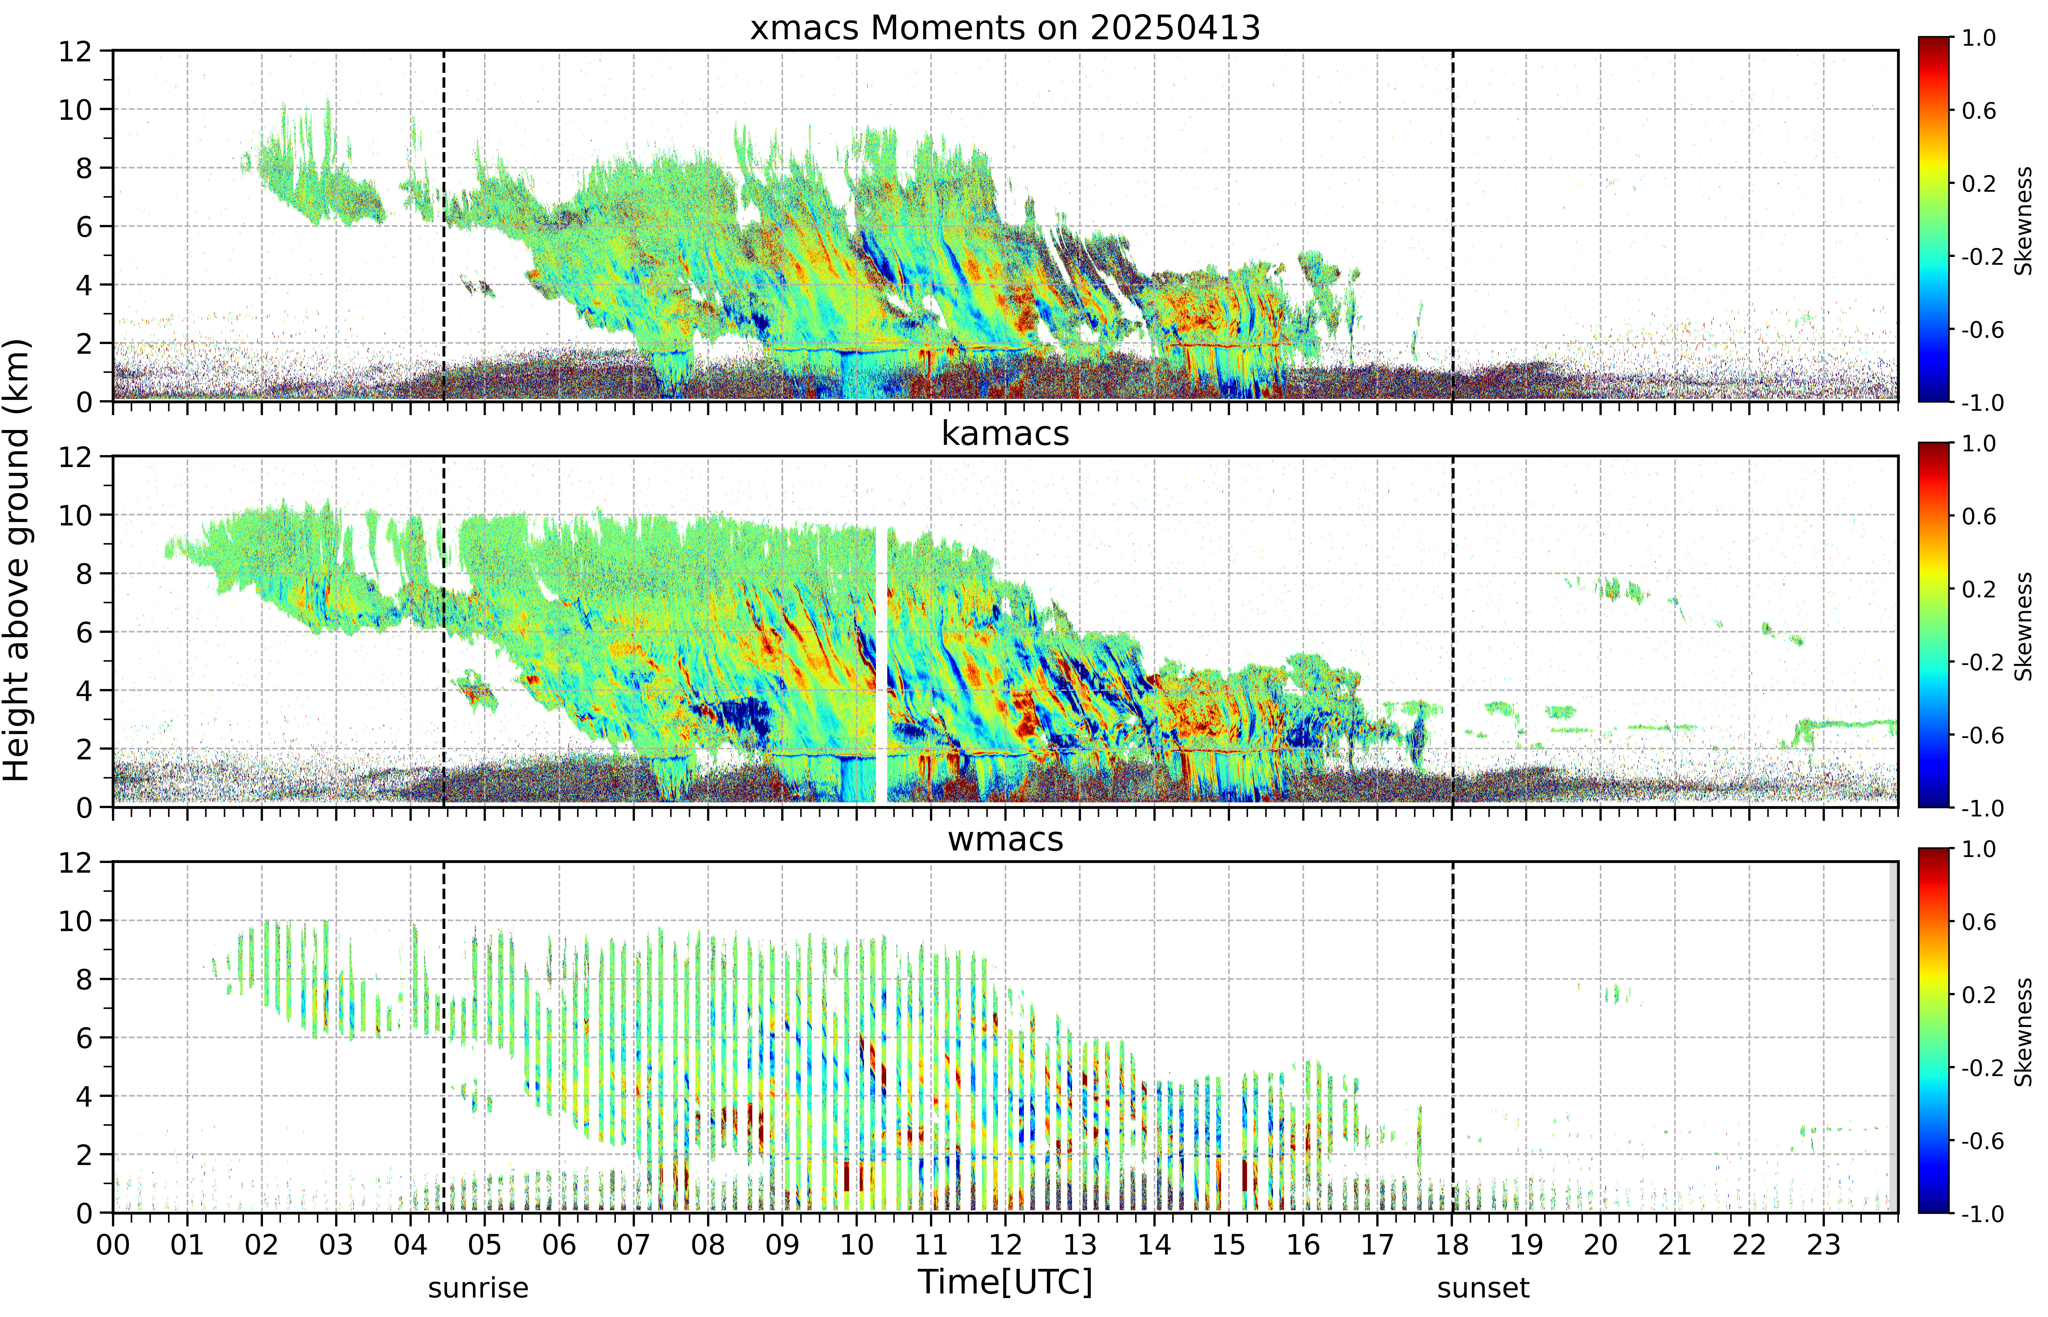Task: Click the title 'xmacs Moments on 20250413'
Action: [1005, 28]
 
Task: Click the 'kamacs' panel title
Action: [1005, 434]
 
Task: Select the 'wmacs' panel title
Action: [1005, 839]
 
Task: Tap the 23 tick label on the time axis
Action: [1823, 1244]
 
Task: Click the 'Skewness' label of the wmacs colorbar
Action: [2023, 1032]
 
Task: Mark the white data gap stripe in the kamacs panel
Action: [881, 665]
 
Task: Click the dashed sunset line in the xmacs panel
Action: [1453, 226]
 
